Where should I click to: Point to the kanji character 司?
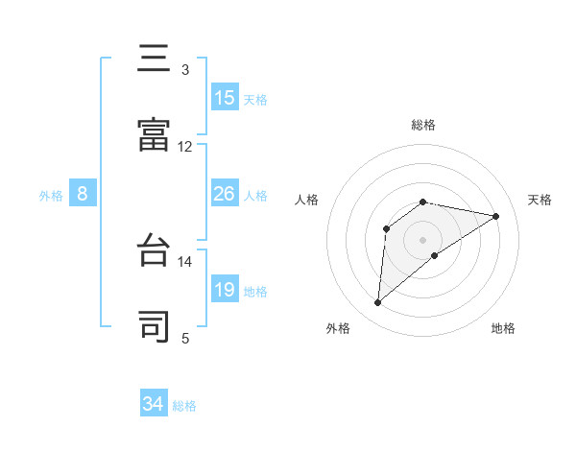[x=155, y=326]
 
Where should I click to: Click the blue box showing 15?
[x=225, y=98]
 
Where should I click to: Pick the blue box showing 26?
[x=225, y=194]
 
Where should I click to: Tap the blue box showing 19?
[x=225, y=290]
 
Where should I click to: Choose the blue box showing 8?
[x=83, y=194]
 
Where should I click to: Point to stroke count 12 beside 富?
[x=184, y=147]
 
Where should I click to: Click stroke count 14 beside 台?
[x=184, y=261]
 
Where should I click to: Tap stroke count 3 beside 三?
[x=184, y=69]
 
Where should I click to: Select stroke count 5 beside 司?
[x=184, y=338]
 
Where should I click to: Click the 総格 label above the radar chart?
[x=423, y=125]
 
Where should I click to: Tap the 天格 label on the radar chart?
[x=540, y=200]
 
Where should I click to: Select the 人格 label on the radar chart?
[x=307, y=200]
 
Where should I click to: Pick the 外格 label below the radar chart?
[x=338, y=328]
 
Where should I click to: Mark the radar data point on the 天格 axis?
[x=496, y=216]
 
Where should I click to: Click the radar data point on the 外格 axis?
[x=378, y=303]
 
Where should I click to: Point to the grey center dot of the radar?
[x=423, y=239]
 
